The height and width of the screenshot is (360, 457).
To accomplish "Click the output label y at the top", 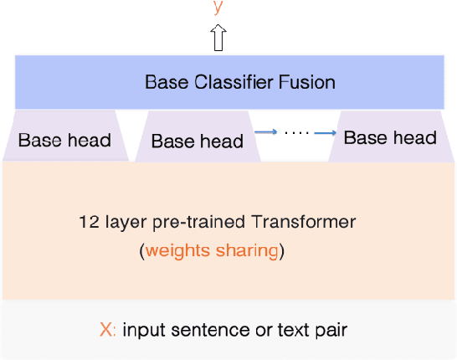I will pyautogui.click(x=218, y=7).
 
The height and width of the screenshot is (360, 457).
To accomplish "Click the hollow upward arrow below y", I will pyautogui.click(x=218, y=39).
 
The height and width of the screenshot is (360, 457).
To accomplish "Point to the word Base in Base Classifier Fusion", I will pyautogui.click(x=163, y=82).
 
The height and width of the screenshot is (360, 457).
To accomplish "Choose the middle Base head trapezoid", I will pyautogui.click(x=198, y=140).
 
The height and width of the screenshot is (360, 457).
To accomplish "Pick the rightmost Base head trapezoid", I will pyautogui.click(x=390, y=137).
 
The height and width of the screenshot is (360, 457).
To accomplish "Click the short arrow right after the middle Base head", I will pyautogui.click(x=265, y=131).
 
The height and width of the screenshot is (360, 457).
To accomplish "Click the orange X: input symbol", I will pyautogui.click(x=108, y=330).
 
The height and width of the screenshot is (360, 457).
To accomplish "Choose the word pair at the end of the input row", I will pyautogui.click(x=331, y=331).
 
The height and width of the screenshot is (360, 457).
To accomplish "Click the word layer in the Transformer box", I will pyautogui.click(x=129, y=223).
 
